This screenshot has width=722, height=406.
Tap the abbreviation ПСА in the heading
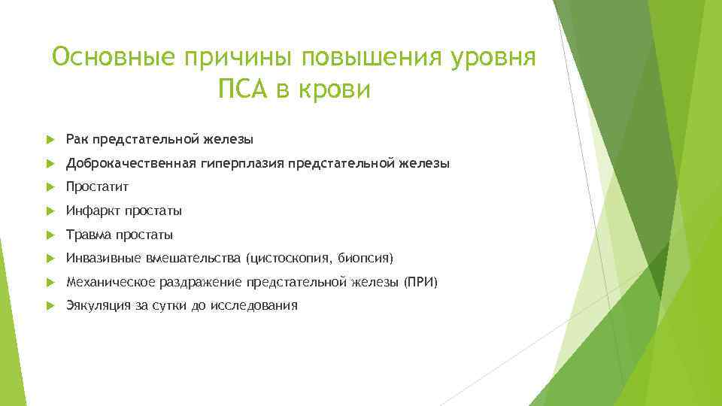(244, 90)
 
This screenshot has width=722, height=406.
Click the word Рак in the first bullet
(76, 139)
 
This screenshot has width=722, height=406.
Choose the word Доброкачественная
(131, 163)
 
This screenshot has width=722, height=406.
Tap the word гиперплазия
(242, 163)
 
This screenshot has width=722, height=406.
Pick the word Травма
(87, 235)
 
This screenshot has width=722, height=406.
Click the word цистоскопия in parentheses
(289, 259)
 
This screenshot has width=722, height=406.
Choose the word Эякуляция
(98, 305)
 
